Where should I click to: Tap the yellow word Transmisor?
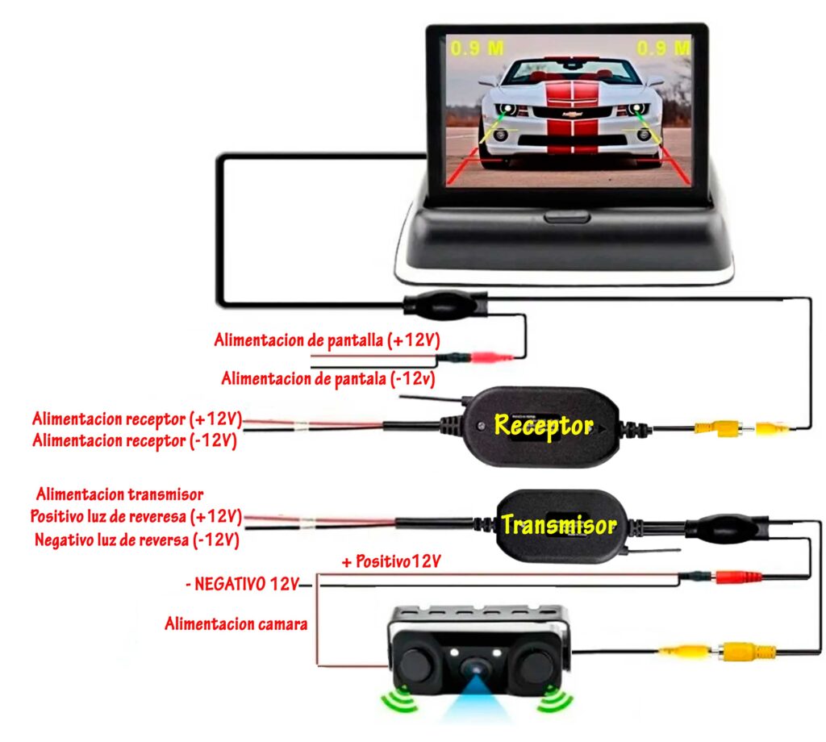coord(558,526)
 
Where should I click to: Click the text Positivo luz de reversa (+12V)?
coord(136,516)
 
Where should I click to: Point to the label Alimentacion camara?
coord(236,623)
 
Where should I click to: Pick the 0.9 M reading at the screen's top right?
coord(663,48)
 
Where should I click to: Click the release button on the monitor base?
coord(565,215)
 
